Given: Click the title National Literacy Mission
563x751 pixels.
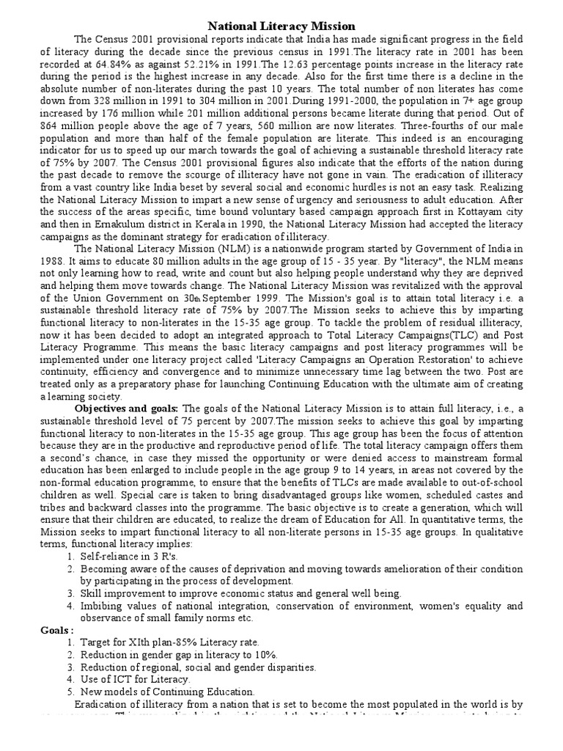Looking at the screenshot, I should tap(281, 26).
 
